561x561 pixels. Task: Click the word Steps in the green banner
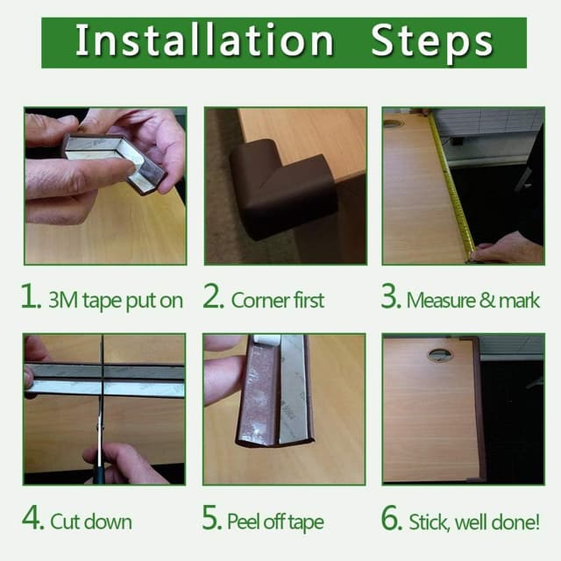(x=431, y=41)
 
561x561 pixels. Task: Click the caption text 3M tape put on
(x=116, y=301)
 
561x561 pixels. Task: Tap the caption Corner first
(x=277, y=301)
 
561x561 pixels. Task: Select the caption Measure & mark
(x=473, y=301)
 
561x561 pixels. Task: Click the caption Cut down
(x=91, y=522)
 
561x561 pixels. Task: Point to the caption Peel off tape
(x=275, y=522)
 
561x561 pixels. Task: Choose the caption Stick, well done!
(x=474, y=522)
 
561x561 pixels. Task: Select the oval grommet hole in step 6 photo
(x=440, y=355)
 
